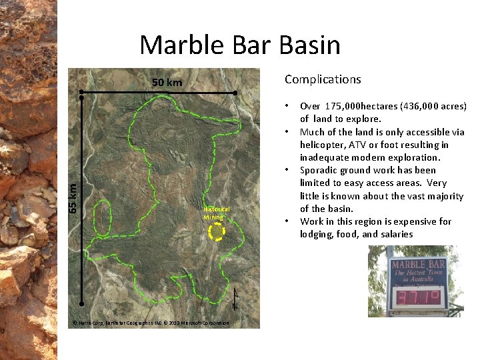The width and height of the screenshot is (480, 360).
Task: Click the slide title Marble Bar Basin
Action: [240, 45]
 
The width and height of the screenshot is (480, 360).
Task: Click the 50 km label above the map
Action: [167, 83]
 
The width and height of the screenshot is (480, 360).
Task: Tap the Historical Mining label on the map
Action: [216, 213]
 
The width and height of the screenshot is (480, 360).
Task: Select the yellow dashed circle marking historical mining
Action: [216, 232]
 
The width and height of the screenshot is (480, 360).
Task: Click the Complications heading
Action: [323, 79]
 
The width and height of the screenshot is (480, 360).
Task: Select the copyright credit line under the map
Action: [151, 323]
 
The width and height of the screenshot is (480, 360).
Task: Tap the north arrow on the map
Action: [235, 299]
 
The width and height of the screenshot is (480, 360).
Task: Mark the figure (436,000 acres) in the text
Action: [433, 107]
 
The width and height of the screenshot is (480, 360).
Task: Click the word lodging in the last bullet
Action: [318, 234]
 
